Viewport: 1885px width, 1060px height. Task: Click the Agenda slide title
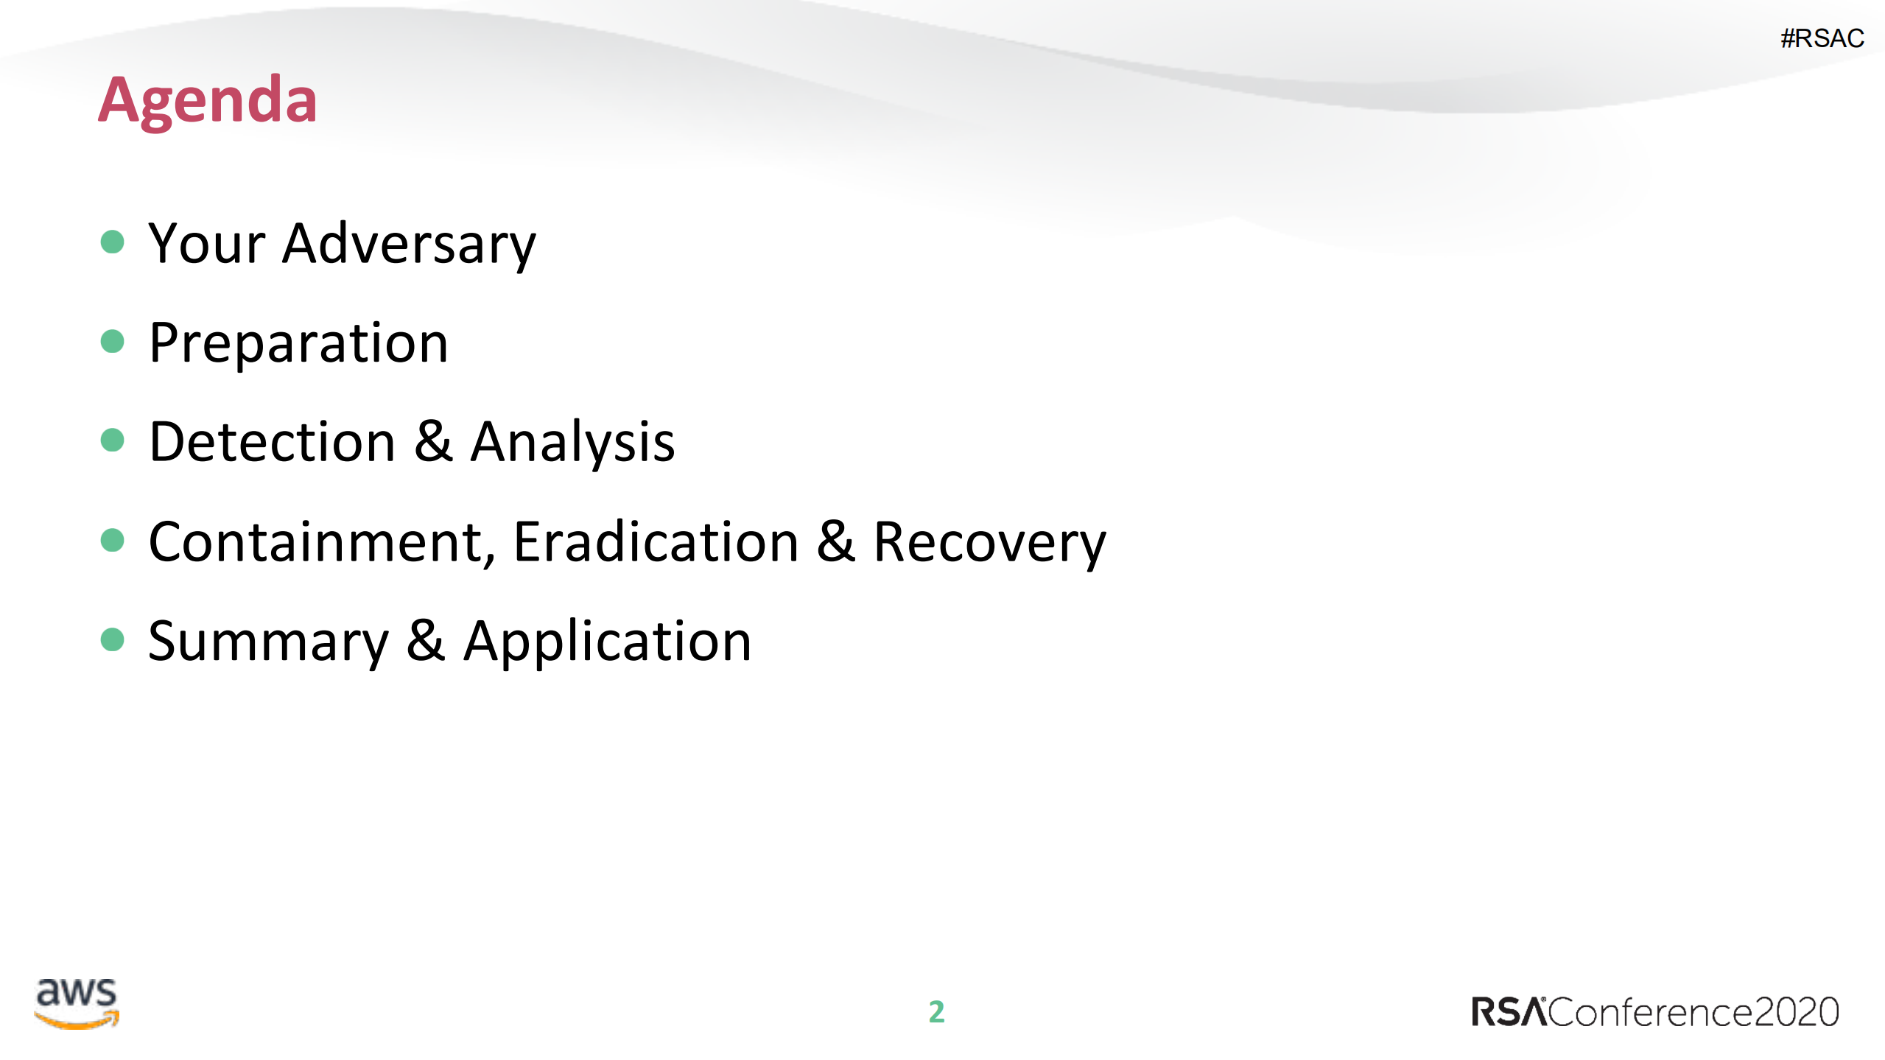208,101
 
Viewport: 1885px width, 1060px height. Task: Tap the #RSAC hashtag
1822,38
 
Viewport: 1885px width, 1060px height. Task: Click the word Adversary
409,245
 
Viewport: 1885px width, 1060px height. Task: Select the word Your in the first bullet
206,245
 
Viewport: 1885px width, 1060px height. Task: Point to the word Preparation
298,343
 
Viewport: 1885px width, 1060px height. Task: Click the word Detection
273,443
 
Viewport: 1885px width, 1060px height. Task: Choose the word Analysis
572,443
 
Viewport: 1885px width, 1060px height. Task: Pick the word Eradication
656,543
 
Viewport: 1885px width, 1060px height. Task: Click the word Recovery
989,543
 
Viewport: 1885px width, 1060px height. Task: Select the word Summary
268,642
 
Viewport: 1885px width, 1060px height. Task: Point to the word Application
607,642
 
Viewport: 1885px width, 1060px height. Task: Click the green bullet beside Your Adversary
112,242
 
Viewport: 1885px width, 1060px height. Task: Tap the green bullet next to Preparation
112,341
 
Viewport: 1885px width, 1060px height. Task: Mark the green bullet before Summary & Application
112,639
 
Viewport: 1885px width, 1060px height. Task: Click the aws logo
77,1003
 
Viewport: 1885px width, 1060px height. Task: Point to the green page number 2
936,1012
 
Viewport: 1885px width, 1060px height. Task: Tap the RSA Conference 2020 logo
1654,1012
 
